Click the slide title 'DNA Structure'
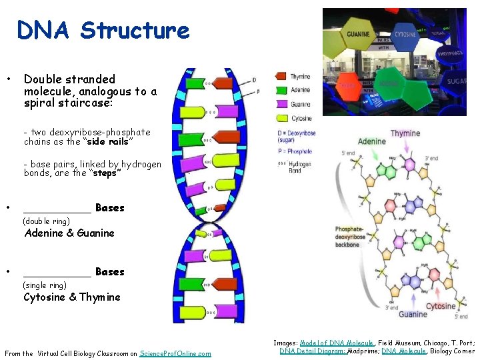[x=103, y=30]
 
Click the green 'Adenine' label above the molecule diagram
[x=371, y=141]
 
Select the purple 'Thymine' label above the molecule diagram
[x=405, y=133]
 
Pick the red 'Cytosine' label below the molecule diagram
[x=441, y=306]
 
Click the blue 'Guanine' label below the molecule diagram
[x=413, y=314]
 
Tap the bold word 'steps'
[x=107, y=173]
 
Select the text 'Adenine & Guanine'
[x=69, y=233]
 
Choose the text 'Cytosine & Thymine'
[x=72, y=297]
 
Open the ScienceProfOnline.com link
[x=175, y=353]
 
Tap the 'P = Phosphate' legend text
[x=295, y=151]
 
